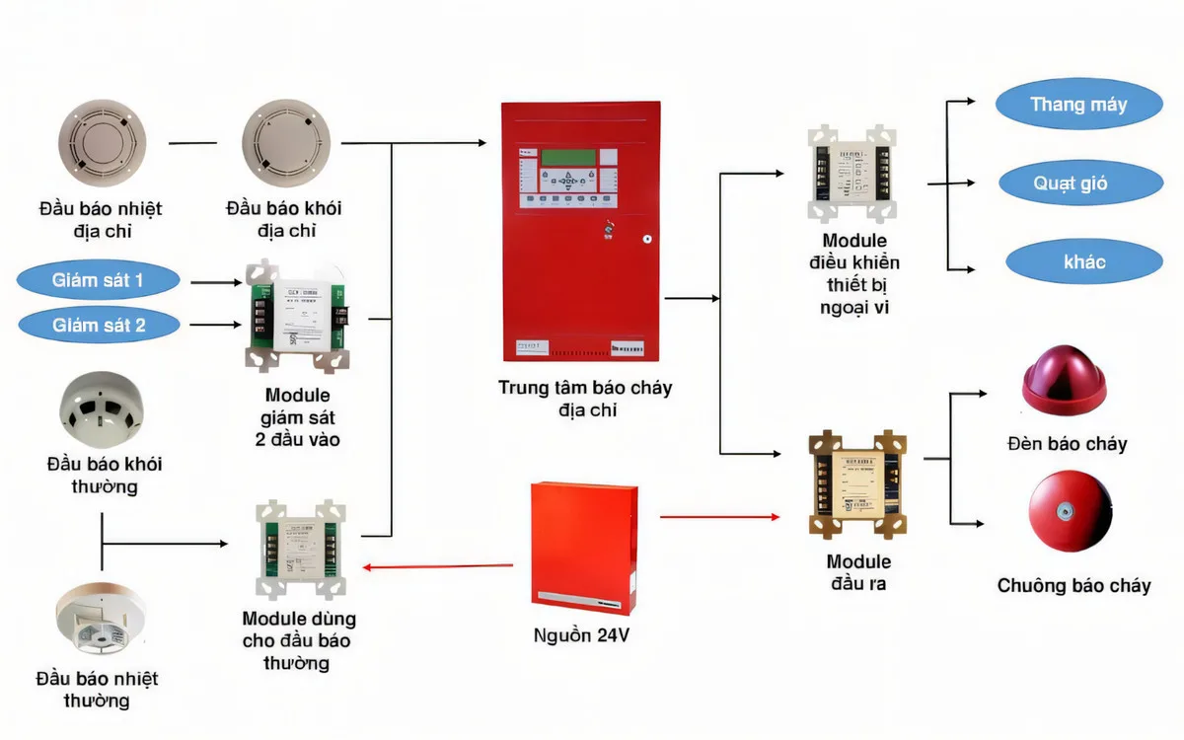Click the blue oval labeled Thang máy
pyautogui.click(x=1078, y=105)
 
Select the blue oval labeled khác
pyautogui.click(x=1084, y=262)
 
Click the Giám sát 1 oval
pyautogui.click(x=98, y=280)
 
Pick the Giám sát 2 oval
pyautogui.click(x=98, y=325)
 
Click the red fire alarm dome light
pyautogui.click(x=1071, y=380)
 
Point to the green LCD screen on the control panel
pyautogui.click(x=567, y=157)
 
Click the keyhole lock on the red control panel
pyautogui.click(x=647, y=238)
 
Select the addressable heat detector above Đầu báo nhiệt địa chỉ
pyautogui.click(x=102, y=144)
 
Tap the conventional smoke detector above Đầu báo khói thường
pyautogui.click(x=102, y=411)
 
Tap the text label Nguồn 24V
pyautogui.click(x=580, y=635)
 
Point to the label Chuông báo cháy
pyautogui.click(x=1073, y=586)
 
